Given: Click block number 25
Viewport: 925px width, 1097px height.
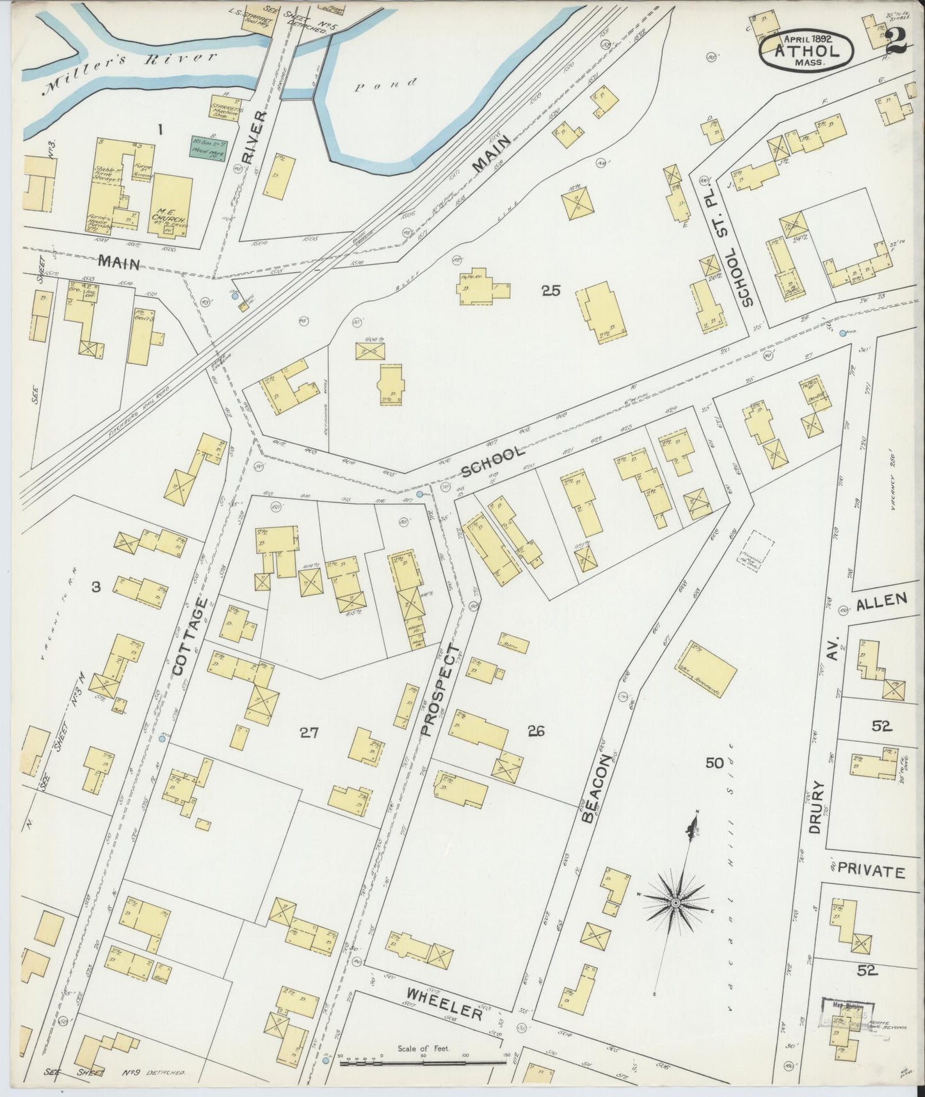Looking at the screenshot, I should tap(550, 291).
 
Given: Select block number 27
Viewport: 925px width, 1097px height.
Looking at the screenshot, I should tap(309, 733).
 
